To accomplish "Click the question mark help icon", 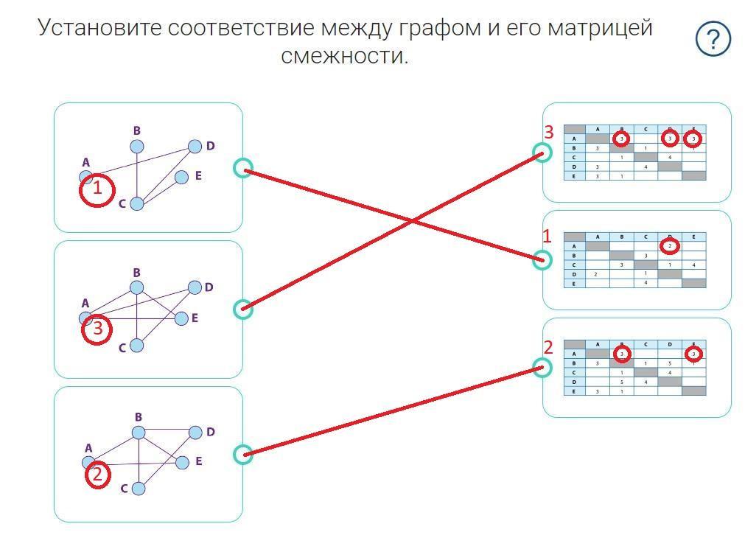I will click(x=713, y=39).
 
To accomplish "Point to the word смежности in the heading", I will click(x=344, y=55).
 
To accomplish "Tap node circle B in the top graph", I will click(x=137, y=147).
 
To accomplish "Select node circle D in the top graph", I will click(x=195, y=146).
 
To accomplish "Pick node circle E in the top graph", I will click(x=181, y=177).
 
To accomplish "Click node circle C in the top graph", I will click(x=137, y=203).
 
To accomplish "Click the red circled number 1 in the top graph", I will click(x=97, y=190).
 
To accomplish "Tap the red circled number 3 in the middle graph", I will click(x=97, y=329).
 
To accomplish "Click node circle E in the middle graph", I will click(x=181, y=318).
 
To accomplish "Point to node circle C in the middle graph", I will click(x=137, y=346).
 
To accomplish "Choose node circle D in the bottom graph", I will click(x=195, y=432).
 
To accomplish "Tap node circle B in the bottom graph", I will click(x=138, y=432).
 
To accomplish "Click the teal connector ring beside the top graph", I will click(x=242, y=168).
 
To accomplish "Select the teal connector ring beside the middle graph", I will click(x=242, y=309).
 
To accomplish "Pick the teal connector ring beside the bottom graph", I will click(x=242, y=454).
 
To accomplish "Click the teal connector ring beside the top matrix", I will click(x=542, y=153).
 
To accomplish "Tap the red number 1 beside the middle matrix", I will click(x=547, y=236).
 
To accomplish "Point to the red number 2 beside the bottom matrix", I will click(x=548, y=348).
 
